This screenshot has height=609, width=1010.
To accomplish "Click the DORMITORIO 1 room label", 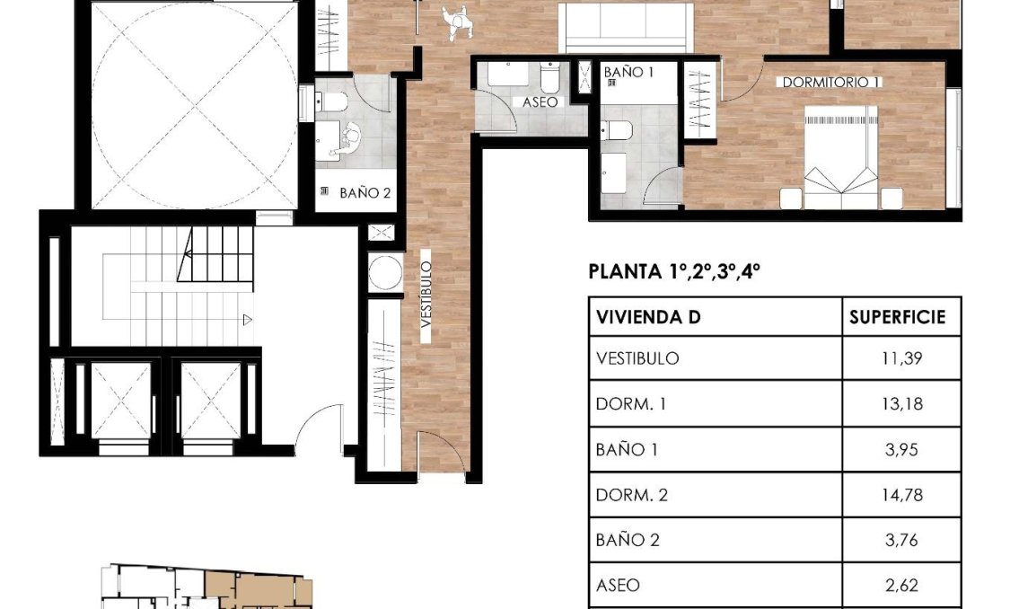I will pyautogui.click(x=831, y=82).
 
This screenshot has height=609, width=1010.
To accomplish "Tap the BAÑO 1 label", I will pyautogui.click(x=628, y=72).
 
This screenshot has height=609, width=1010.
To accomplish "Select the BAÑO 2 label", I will pyautogui.click(x=364, y=192).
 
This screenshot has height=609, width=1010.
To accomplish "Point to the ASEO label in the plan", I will pyautogui.click(x=540, y=102).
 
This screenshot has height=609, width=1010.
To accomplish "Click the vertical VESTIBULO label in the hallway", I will pyautogui.click(x=426, y=300).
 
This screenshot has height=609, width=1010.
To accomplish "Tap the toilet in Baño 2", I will pyautogui.click(x=332, y=101).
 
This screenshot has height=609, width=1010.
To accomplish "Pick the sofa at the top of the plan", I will pyautogui.click(x=626, y=27).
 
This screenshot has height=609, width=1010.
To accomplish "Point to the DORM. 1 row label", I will pyautogui.click(x=630, y=404).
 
